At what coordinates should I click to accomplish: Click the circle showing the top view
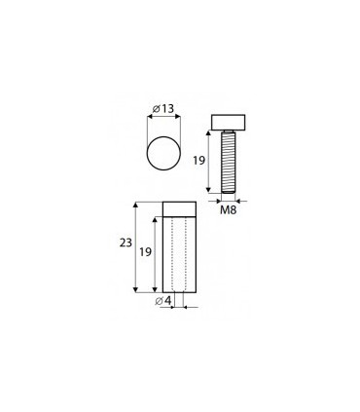tap(162, 156)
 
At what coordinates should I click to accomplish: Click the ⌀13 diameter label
tap(162, 107)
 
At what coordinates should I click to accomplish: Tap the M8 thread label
tap(228, 208)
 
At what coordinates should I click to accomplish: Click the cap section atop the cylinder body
tap(178, 207)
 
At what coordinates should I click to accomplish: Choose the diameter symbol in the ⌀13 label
tap(156, 107)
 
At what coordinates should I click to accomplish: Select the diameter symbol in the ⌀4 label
tap(159, 300)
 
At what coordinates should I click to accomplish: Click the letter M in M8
tap(224, 208)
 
